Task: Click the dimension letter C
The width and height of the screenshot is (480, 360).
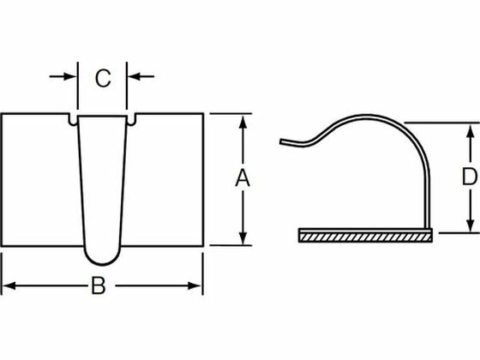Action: click(x=103, y=78)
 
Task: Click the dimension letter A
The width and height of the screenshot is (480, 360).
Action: click(x=243, y=177)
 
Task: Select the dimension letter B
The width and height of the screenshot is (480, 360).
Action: click(x=99, y=285)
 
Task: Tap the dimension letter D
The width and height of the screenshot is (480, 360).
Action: click(x=470, y=176)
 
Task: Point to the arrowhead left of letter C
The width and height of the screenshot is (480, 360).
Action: click(x=70, y=76)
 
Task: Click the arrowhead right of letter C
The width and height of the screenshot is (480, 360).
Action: click(x=134, y=76)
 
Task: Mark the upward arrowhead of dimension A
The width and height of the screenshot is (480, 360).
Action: click(x=243, y=122)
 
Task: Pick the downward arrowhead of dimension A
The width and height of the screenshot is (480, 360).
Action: click(x=243, y=238)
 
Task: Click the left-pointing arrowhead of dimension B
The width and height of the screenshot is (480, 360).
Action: click(x=9, y=286)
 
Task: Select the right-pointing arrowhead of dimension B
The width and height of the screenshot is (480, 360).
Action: click(x=194, y=286)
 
